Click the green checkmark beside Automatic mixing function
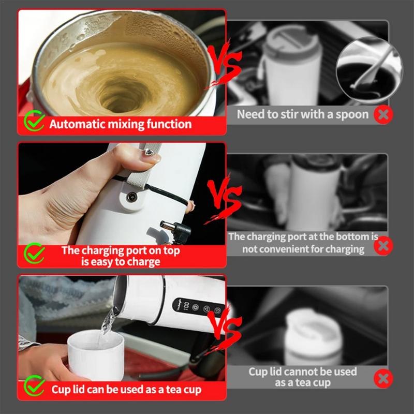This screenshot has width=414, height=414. point(34,121)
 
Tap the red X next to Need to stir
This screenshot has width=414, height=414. point(383,114)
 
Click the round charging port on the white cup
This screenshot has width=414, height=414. point(132,197)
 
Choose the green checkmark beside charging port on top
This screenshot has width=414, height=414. point(34,253)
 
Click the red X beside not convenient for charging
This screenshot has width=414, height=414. point(383,246)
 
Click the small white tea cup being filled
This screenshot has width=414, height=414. point(96,354)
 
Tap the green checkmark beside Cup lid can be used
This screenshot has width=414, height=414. point(34,386)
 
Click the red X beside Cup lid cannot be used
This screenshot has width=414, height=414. point(383,378)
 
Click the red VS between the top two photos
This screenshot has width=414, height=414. point(225,63)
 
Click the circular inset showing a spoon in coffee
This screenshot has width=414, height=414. point(369,70)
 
